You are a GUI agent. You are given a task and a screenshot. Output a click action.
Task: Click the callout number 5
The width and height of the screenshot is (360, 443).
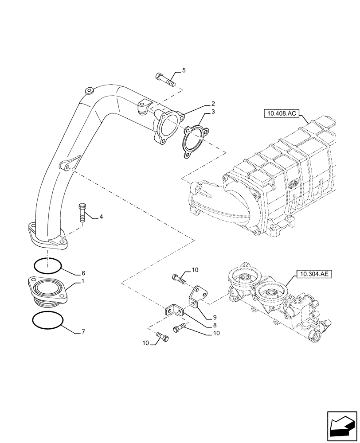184,70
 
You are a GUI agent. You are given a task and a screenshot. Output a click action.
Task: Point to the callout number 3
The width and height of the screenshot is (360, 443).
213,112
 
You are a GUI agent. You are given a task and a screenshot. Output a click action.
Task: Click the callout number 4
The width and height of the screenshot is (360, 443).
101,217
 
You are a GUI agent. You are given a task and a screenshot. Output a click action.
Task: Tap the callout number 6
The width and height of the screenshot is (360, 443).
82,273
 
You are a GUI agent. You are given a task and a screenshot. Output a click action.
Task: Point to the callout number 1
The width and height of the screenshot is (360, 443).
82,282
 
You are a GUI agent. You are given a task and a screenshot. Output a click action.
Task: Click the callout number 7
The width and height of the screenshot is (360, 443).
82,331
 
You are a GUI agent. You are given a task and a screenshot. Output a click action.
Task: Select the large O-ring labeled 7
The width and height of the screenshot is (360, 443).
47,320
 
